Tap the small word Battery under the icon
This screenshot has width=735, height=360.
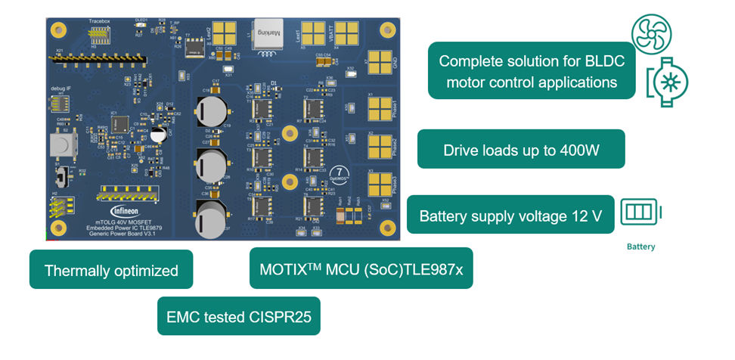click(640, 247)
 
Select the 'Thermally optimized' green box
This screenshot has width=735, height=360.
click(111, 270)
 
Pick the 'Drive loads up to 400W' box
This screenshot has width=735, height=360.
click(521, 150)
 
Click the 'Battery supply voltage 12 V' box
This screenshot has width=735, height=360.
click(510, 216)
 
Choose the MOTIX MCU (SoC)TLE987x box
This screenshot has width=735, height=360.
click(361, 268)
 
